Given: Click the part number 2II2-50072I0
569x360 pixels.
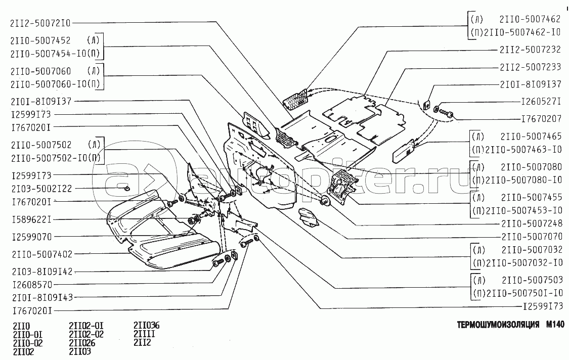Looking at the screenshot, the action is [x=40, y=23].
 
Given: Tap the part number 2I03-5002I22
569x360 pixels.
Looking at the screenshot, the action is [x=42, y=189].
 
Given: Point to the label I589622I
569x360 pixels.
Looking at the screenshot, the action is [x=31, y=219].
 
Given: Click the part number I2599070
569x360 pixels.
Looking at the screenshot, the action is [x=32, y=237].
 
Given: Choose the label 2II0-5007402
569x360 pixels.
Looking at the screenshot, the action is [x=42, y=254].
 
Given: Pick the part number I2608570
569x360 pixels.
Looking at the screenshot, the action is [x=32, y=285].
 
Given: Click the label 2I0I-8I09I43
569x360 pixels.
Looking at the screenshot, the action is [x=42, y=297].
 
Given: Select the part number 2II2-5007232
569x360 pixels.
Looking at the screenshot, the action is [x=530, y=50].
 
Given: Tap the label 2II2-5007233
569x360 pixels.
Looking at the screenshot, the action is [x=530, y=67].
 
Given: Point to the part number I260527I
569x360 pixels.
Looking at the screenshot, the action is [x=541, y=101].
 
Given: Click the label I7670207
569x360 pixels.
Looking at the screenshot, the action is [x=541, y=118].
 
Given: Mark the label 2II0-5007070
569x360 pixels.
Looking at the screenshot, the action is [x=532, y=237].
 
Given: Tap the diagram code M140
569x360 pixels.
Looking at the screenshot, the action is [x=555, y=325].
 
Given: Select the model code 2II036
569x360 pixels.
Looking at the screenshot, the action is [x=146, y=325].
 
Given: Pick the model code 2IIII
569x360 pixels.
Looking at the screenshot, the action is [x=144, y=334].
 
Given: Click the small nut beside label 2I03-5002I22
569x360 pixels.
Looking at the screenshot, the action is [x=127, y=189].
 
